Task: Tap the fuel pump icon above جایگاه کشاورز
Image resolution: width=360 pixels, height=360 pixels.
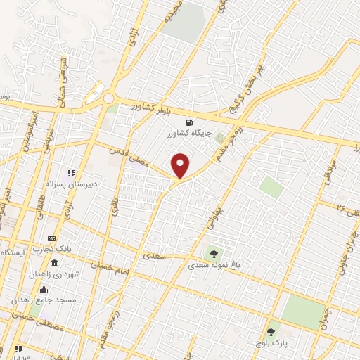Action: pyautogui.click(x=188, y=122)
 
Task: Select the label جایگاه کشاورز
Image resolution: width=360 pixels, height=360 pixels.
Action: pyautogui.click(x=188, y=132)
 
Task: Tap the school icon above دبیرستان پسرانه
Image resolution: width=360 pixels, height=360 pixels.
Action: pyautogui.click(x=70, y=172)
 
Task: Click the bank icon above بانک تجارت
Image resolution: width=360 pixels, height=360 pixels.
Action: pyautogui.click(x=51, y=239)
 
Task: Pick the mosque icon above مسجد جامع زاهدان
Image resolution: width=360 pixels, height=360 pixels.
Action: pyautogui.click(x=44, y=289)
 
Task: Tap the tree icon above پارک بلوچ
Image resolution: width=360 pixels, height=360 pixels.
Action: pyautogui.click(x=271, y=330)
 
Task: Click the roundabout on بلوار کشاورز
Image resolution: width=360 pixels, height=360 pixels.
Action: pyautogui.click(x=109, y=99)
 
